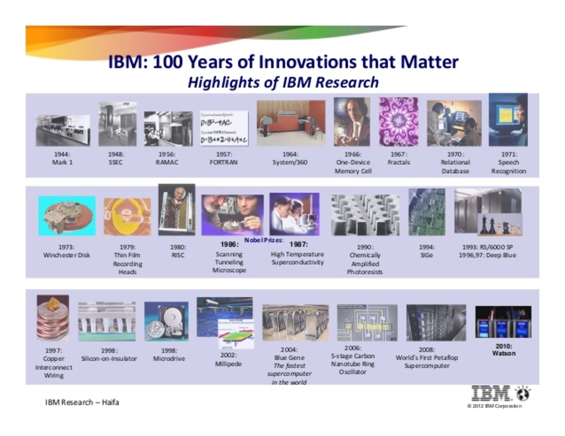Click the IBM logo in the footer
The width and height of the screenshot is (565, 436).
[x=492, y=393]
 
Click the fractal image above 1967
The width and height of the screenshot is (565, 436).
[x=398, y=122]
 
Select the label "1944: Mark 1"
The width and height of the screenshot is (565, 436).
[x=62, y=158]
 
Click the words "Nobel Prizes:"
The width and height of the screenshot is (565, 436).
[x=264, y=240]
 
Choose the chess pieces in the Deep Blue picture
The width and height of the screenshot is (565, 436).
[x=500, y=225]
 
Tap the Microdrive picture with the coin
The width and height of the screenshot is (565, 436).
[x=166, y=321]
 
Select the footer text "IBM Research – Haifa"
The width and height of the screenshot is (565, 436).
[x=82, y=403]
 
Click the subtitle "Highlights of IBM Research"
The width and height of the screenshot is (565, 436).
[x=282, y=82]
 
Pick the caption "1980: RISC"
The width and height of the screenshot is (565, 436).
[x=178, y=251]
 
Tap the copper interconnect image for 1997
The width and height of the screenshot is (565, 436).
[x=53, y=317]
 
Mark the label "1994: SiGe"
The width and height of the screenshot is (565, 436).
[x=427, y=251]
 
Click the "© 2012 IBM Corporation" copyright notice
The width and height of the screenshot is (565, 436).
[x=494, y=406]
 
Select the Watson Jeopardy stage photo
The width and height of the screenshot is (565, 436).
[x=503, y=322]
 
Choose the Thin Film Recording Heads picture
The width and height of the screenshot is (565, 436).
[x=127, y=216]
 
